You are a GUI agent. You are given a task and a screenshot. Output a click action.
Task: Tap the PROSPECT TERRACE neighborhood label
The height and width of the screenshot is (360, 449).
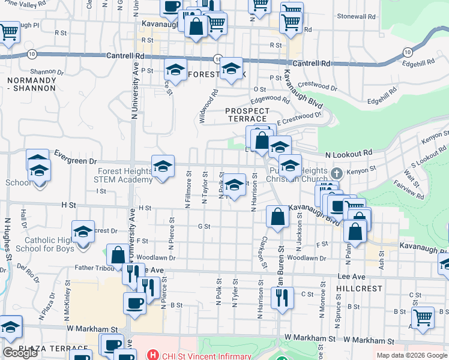coord(247,115)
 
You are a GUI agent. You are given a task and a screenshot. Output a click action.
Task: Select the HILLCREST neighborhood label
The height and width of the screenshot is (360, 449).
coord(360,289)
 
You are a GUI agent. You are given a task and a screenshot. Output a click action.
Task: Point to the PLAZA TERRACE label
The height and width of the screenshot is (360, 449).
coord(53,349)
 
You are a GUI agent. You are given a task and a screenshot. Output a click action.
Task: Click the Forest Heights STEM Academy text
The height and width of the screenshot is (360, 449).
coord(125,175)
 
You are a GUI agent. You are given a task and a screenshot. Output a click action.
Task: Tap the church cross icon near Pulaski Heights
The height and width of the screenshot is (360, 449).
coord(336,173)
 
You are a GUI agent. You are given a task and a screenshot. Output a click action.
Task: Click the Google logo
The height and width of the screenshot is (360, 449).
coord(20,353)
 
